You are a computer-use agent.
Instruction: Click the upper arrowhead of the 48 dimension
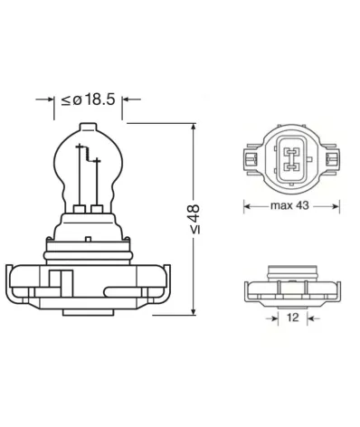point(194,128)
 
